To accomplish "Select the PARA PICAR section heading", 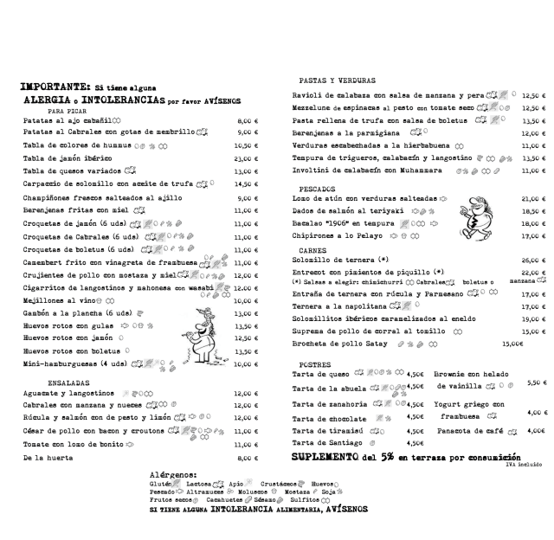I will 68,112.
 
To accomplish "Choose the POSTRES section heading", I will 311,364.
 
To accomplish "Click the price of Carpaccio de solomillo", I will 248,184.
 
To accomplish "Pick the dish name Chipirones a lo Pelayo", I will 335,235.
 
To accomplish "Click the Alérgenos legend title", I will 173,475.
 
